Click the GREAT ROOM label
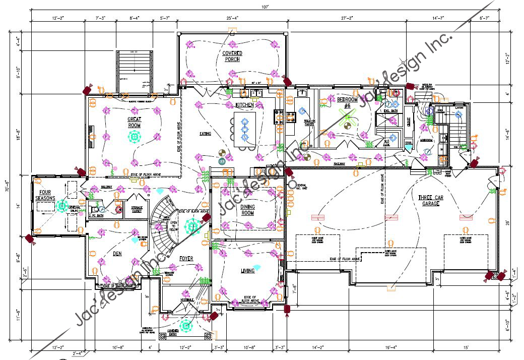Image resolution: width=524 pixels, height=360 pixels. tap(134, 123)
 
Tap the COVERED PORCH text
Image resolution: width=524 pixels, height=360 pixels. tap(232, 56)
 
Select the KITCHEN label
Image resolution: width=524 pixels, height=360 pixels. tap(245, 105)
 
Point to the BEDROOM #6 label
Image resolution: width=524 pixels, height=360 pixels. tap(347, 102)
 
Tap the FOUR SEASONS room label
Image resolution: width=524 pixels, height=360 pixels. tap(45, 196)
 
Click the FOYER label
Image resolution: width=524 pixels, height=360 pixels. tap(186, 259)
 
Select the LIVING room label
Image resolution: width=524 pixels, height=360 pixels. tap(247, 271)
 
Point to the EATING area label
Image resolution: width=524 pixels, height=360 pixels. tap(205, 134)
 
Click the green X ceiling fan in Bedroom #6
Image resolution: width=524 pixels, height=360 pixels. tap(347, 121)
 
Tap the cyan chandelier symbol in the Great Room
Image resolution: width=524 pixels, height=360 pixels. tap(134, 137)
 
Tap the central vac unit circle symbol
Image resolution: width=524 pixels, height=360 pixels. tap(292, 185)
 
